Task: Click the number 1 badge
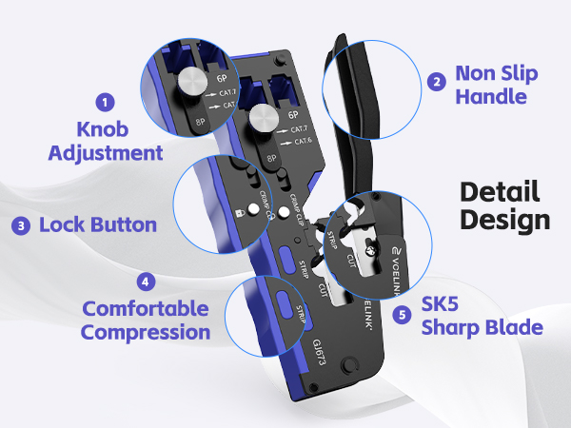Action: (106, 101)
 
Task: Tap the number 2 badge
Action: (437, 82)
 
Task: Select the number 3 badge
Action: (20, 225)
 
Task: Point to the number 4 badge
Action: (144, 282)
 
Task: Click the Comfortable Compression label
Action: (145, 321)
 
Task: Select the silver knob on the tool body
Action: (263, 120)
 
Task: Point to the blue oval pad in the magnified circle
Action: (284, 304)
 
